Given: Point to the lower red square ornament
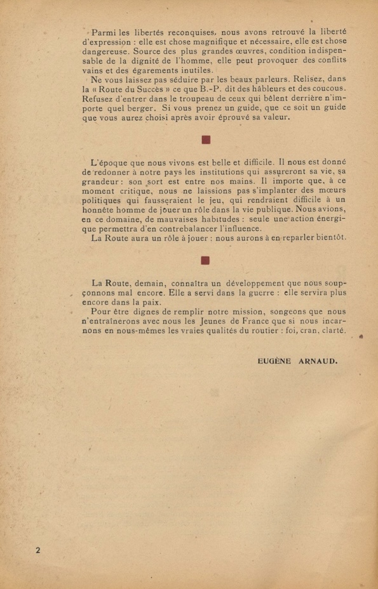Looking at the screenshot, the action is (205, 260).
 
